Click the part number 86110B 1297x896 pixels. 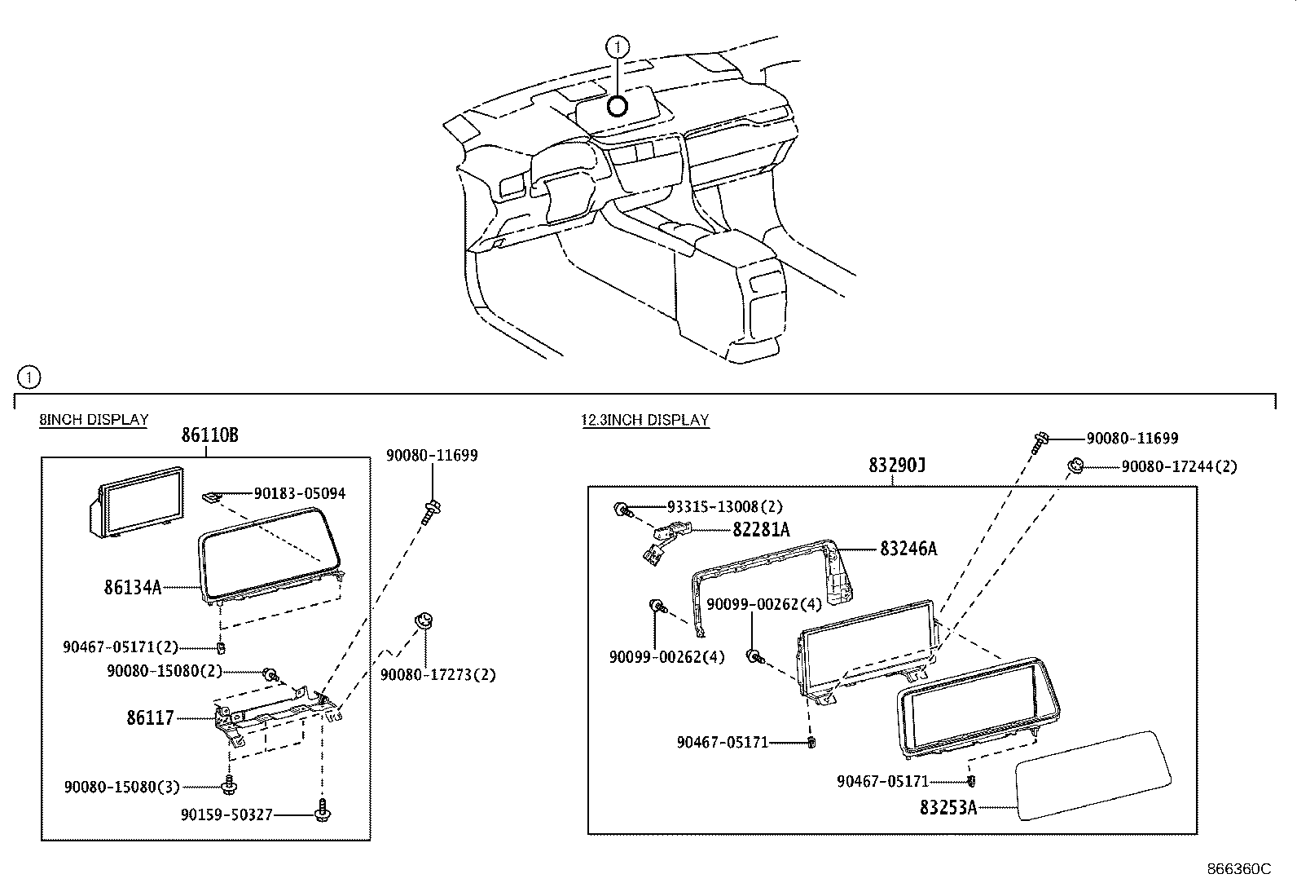pos(209,435)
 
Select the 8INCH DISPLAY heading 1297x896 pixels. pos(94,420)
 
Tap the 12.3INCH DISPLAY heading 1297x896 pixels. pos(644,420)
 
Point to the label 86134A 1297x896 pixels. pos(132,587)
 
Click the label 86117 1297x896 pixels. pos(150,718)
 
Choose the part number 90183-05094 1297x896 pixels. pos(299,493)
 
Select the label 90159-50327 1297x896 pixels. pos(226,814)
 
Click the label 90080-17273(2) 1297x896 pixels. pos(437,674)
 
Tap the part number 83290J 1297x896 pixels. pos(897,466)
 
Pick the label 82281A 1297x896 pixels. pos(761,530)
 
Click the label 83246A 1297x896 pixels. pos(908,549)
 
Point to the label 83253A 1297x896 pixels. pos(947,807)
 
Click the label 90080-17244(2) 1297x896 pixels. pos(1179,466)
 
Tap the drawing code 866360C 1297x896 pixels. pos(1238,869)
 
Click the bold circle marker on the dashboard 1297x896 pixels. pos(618,105)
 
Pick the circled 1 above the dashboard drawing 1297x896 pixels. pos(618,46)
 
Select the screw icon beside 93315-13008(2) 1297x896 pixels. pos(622,510)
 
